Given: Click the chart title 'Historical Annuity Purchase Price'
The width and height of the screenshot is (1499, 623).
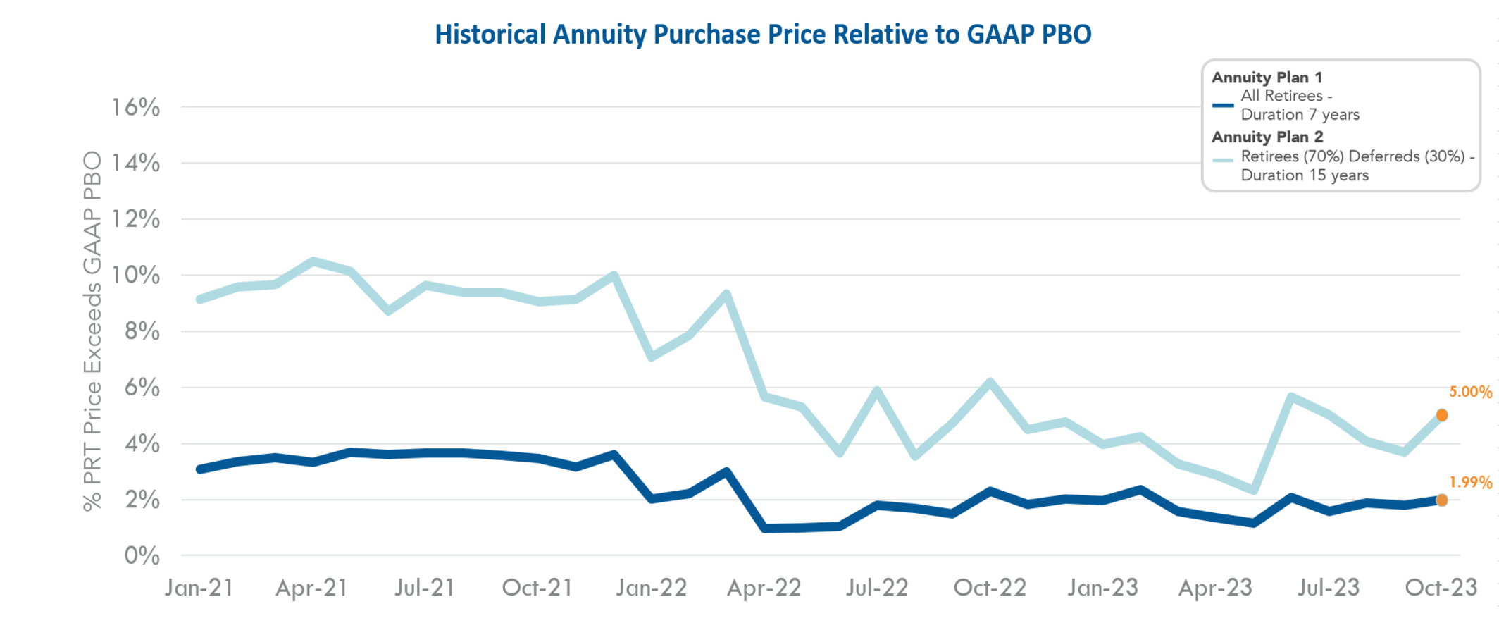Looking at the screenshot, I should [x=763, y=35].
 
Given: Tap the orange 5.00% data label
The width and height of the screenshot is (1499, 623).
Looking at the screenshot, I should [x=1470, y=393].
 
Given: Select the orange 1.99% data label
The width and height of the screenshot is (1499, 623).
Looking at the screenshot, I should [x=1470, y=483].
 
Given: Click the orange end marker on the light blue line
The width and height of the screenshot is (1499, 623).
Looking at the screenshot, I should [x=1442, y=415].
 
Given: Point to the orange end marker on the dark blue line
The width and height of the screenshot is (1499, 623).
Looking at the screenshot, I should [x=1442, y=500].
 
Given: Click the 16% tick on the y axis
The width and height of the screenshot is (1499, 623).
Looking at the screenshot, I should [x=136, y=108].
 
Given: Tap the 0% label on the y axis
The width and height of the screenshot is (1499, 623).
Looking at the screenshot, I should [x=142, y=556].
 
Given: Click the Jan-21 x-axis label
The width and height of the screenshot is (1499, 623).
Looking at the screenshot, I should [x=199, y=588].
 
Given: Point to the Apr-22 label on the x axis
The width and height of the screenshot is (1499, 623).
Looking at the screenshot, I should [x=764, y=588].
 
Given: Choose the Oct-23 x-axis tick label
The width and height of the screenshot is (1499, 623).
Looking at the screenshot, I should [x=1441, y=588].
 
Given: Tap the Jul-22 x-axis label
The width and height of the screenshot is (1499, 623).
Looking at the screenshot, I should [x=877, y=588].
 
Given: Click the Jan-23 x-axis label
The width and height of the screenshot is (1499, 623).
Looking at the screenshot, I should [x=1102, y=588].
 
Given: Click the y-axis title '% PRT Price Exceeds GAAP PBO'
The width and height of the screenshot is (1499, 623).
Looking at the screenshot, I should [x=92, y=331].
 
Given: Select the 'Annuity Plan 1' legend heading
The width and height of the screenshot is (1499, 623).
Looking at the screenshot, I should [x=1267, y=78].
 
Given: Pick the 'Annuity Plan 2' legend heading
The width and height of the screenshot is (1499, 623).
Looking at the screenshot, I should [x=1267, y=137].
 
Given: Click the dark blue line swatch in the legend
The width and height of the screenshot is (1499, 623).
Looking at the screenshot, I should [x=1223, y=106].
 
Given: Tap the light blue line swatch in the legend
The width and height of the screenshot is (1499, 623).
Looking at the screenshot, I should [x=1223, y=160].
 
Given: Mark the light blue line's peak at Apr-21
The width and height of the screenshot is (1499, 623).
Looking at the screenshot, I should [x=313, y=262].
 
